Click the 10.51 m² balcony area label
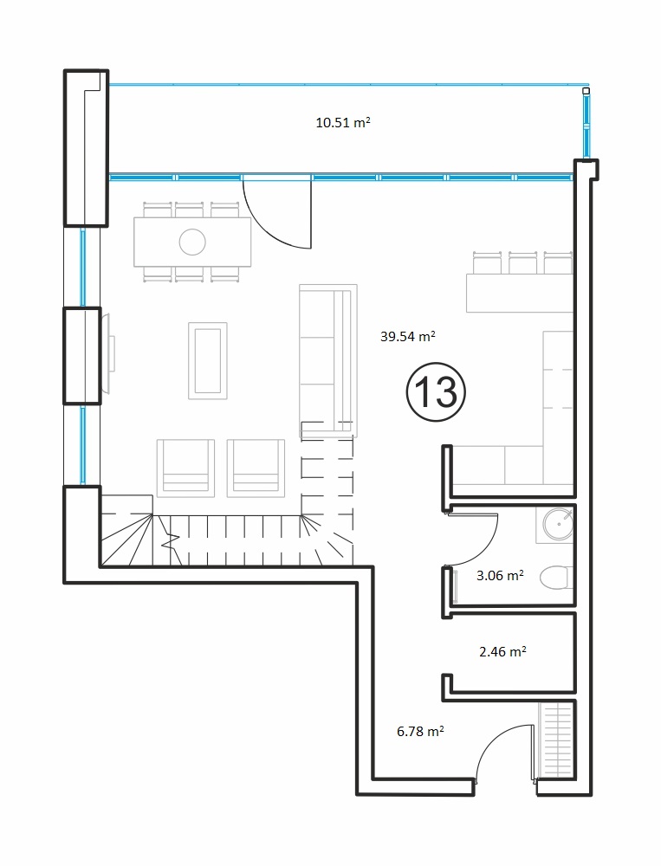(343, 122)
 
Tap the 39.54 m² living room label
(408, 336)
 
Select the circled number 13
(436, 392)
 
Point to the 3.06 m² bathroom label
(500, 575)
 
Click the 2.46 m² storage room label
(502, 651)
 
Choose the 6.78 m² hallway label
(420, 731)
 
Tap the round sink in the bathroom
(558, 523)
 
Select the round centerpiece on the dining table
(192, 242)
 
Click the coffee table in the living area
(208, 360)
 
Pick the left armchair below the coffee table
(185, 468)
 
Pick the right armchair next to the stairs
(256, 468)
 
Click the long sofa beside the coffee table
(328, 360)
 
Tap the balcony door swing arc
(264, 229)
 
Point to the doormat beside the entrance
(557, 740)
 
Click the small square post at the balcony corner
(586, 91)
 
